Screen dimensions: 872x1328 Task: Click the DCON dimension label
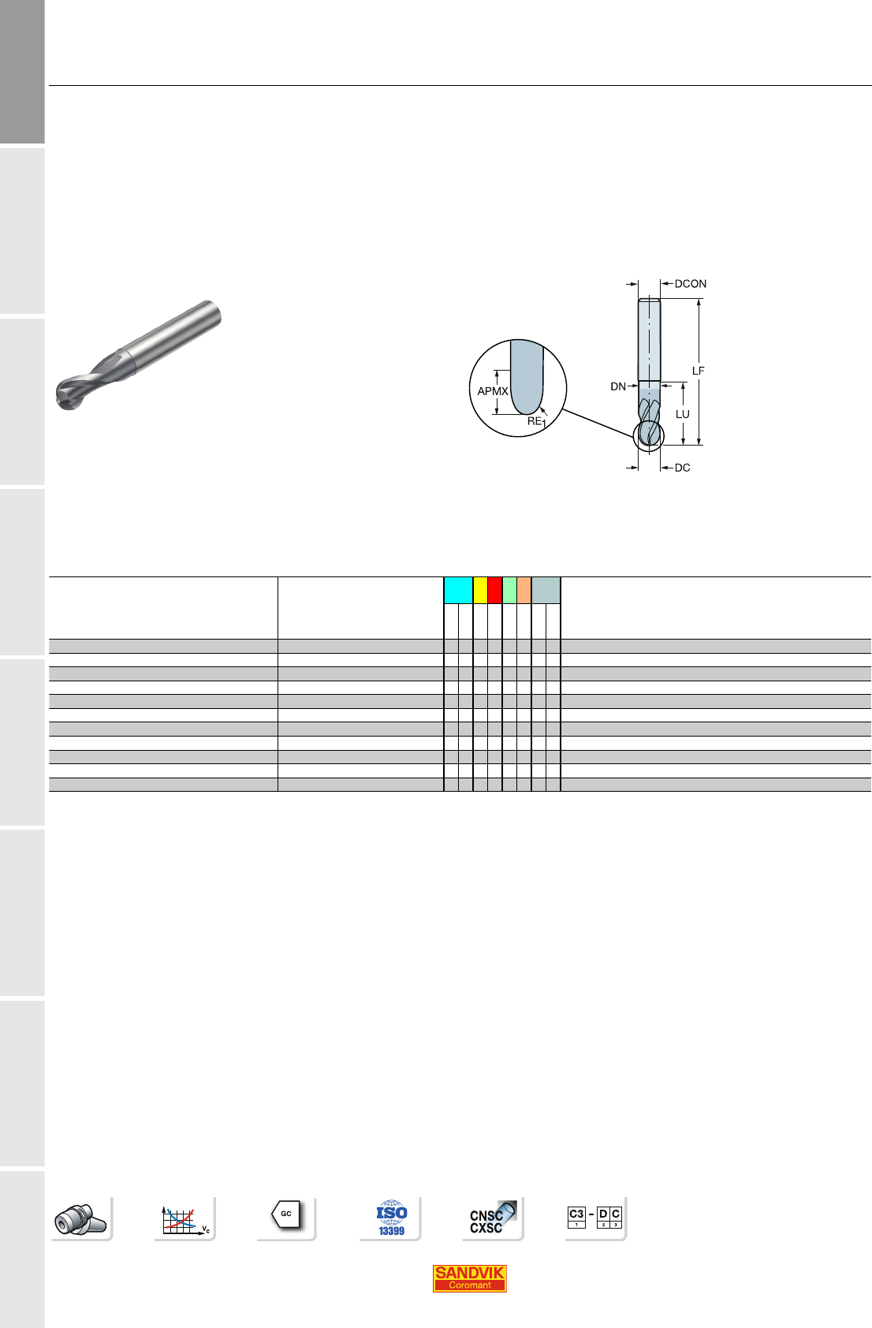[690, 284]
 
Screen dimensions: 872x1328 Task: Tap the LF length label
[699, 371]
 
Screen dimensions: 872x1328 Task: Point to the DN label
[617, 386]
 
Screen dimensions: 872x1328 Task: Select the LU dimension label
[682, 414]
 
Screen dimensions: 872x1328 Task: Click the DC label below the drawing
[682, 468]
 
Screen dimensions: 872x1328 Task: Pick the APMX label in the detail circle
[493, 391]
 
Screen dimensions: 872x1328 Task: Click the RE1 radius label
[536, 422]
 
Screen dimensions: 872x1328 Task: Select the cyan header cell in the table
[458, 590]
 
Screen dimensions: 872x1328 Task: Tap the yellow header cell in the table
[480, 590]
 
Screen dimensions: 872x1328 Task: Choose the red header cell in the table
[494, 590]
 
